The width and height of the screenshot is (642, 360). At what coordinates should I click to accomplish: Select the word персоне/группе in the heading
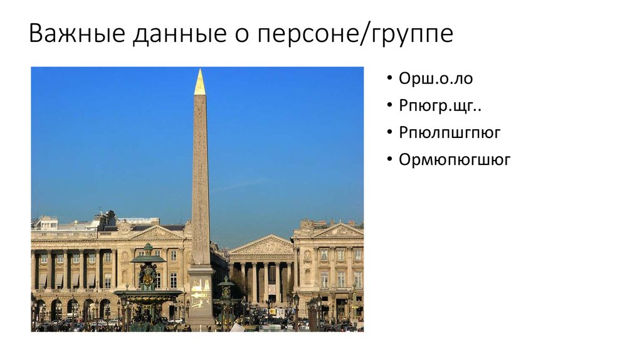pyautogui.click(x=354, y=34)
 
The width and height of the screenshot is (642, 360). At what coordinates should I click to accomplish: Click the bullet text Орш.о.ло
pyautogui.click(x=436, y=79)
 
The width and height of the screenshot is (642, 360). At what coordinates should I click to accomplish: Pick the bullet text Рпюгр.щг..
pyautogui.click(x=440, y=106)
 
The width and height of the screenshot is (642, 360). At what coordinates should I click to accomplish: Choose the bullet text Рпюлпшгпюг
pyautogui.click(x=450, y=133)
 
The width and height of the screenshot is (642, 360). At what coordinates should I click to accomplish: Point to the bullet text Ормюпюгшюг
pyautogui.click(x=455, y=160)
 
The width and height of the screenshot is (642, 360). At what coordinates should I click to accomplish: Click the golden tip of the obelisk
pyautogui.click(x=199, y=83)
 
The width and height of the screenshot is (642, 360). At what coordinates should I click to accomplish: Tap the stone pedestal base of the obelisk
pyautogui.click(x=201, y=295)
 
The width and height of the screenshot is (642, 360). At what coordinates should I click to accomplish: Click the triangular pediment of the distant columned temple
pyautogui.click(x=262, y=245)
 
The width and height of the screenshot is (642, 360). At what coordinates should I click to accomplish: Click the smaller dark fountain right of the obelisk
pyautogui.click(x=226, y=300)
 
